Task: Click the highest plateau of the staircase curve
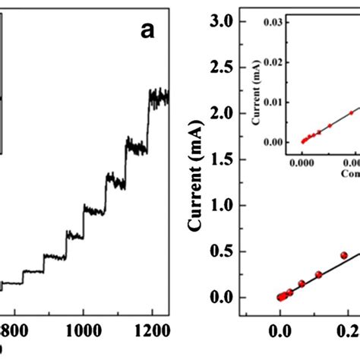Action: pyautogui.click(x=158, y=96)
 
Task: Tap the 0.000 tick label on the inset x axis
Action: pyautogui.click(x=303, y=162)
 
